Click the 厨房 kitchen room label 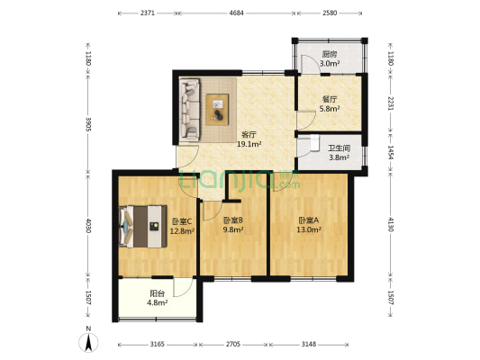pyautogui.click(x=331, y=58)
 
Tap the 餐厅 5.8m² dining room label pyautogui.click(x=331, y=104)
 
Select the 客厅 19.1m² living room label pyautogui.click(x=249, y=139)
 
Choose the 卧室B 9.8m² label pyautogui.click(x=234, y=225)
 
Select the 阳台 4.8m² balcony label pyautogui.click(x=158, y=297)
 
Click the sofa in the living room pyautogui.click(x=189, y=110)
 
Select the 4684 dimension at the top pyautogui.click(x=237, y=13)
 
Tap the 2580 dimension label pyautogui.click(x=330, y=13)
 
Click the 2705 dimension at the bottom pyautogui.click(x=232, y=343)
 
